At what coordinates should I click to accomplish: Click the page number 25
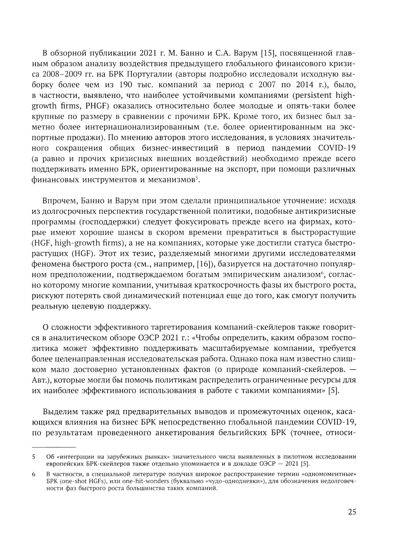pyautogui.click(x=352, y=512)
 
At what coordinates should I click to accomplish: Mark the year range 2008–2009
pyautogui.click(x=62, y=74)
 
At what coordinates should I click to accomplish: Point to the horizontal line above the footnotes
pyautogui.click(x=54, y=447)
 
